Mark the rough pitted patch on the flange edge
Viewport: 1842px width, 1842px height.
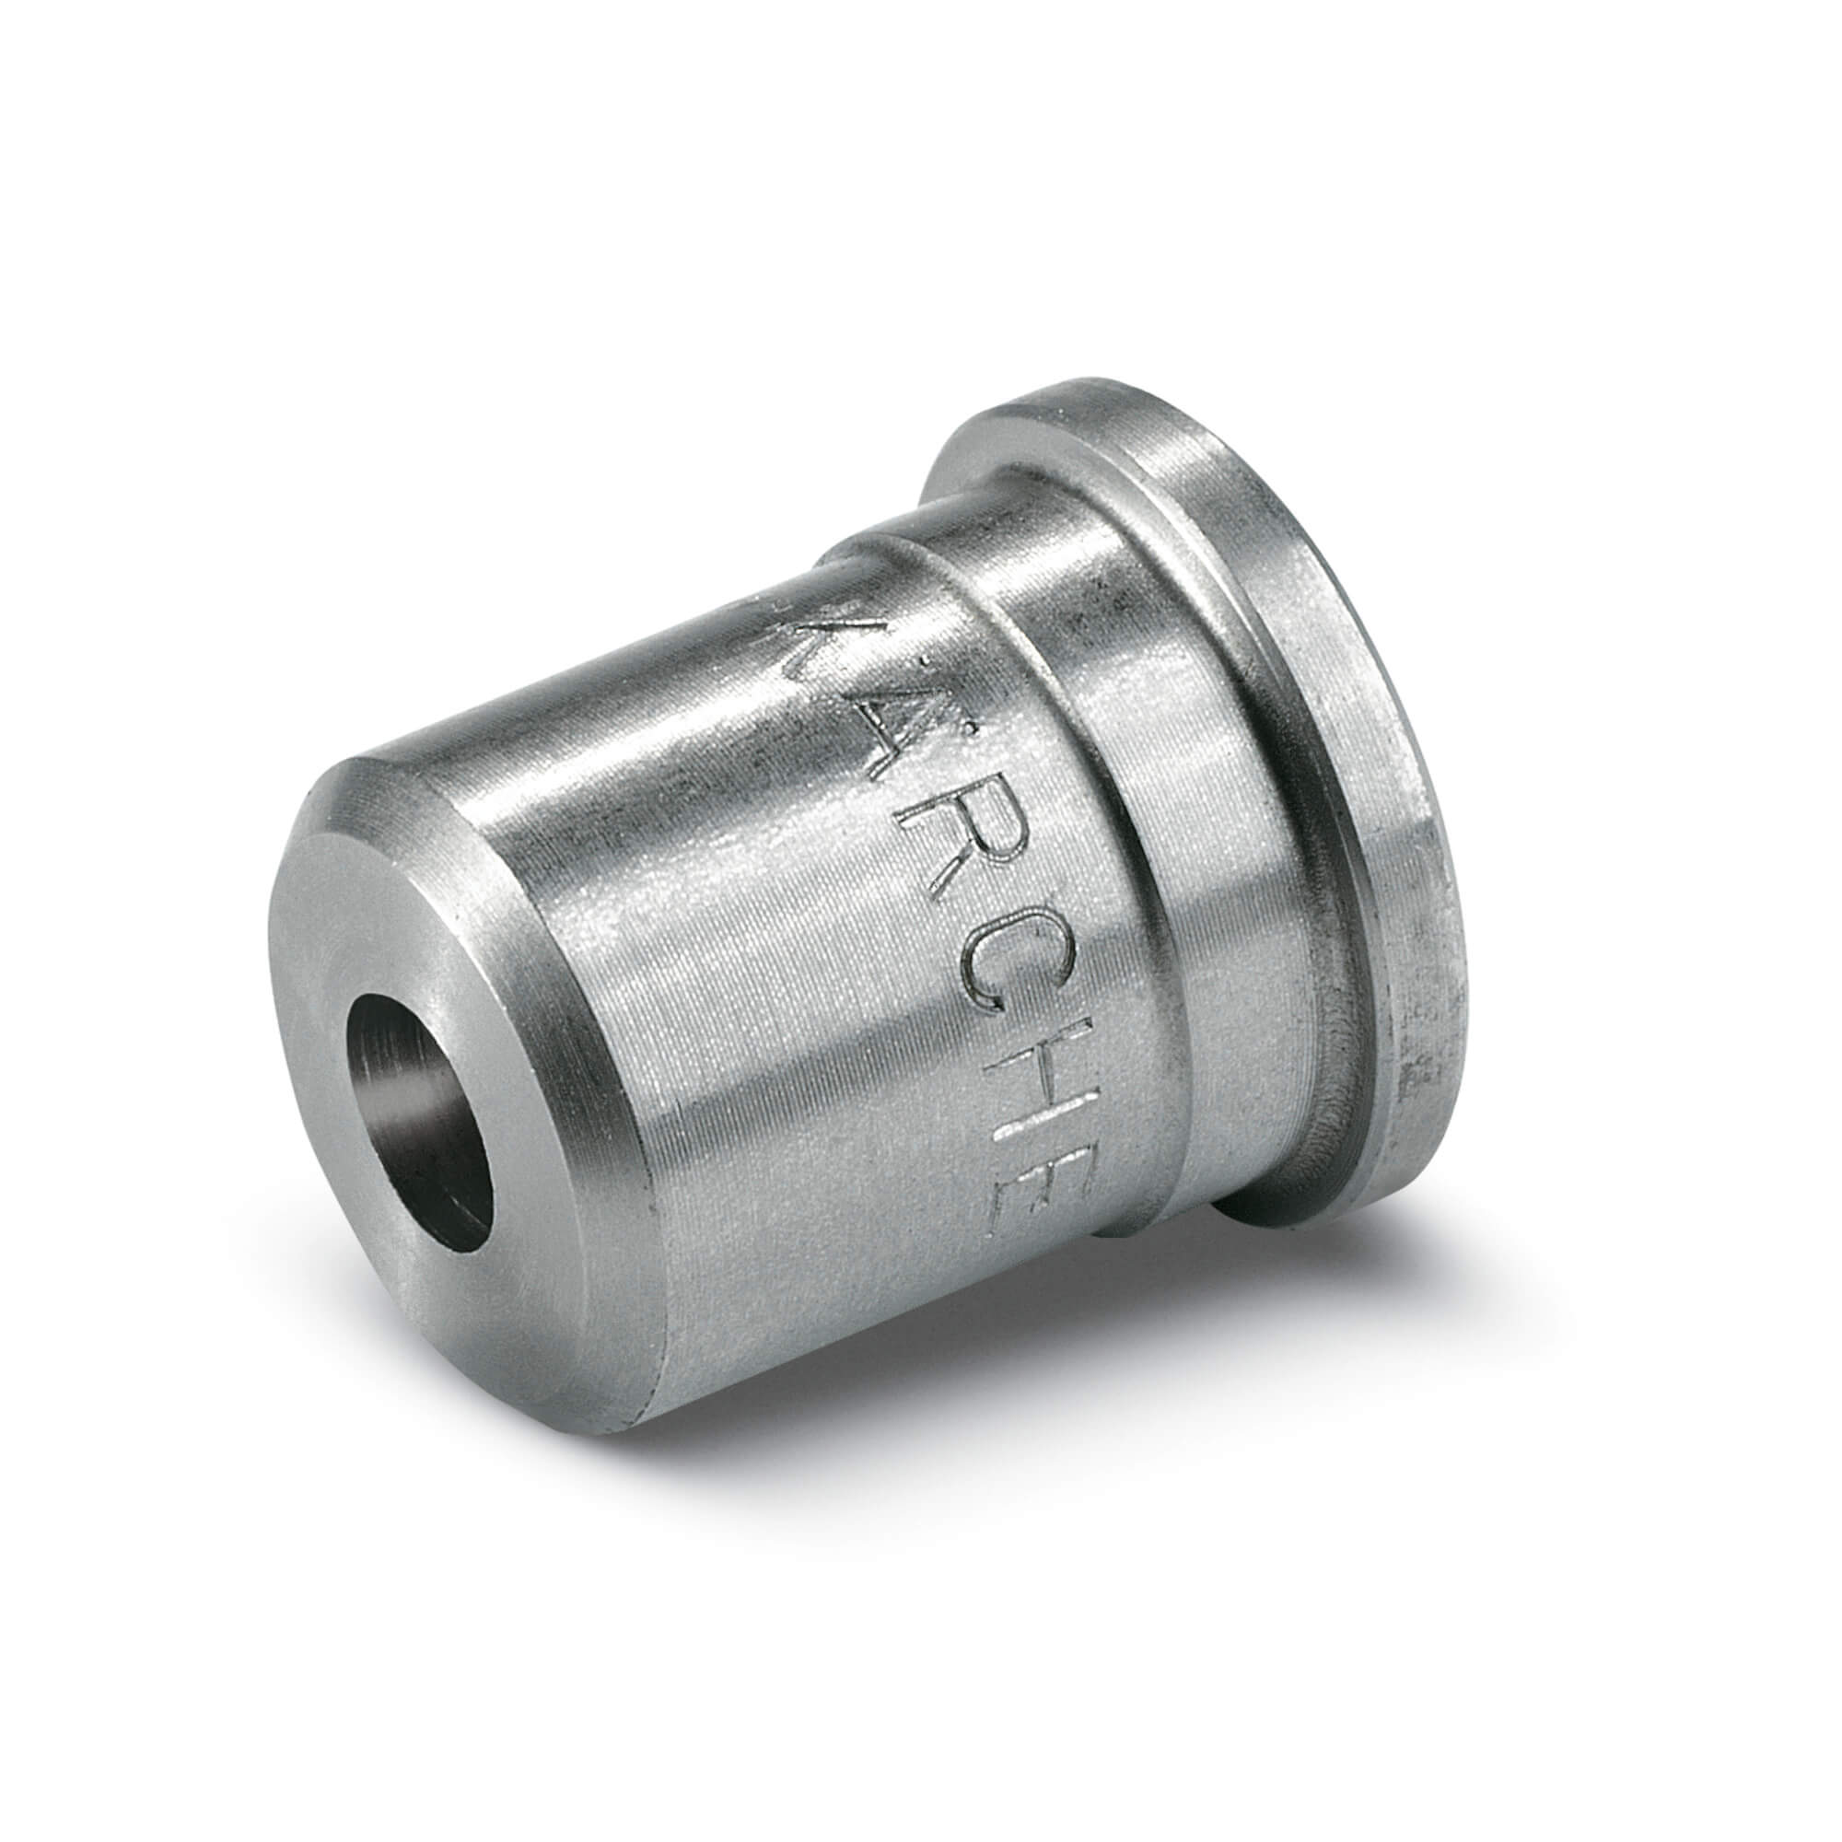click(1420, 1058)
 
